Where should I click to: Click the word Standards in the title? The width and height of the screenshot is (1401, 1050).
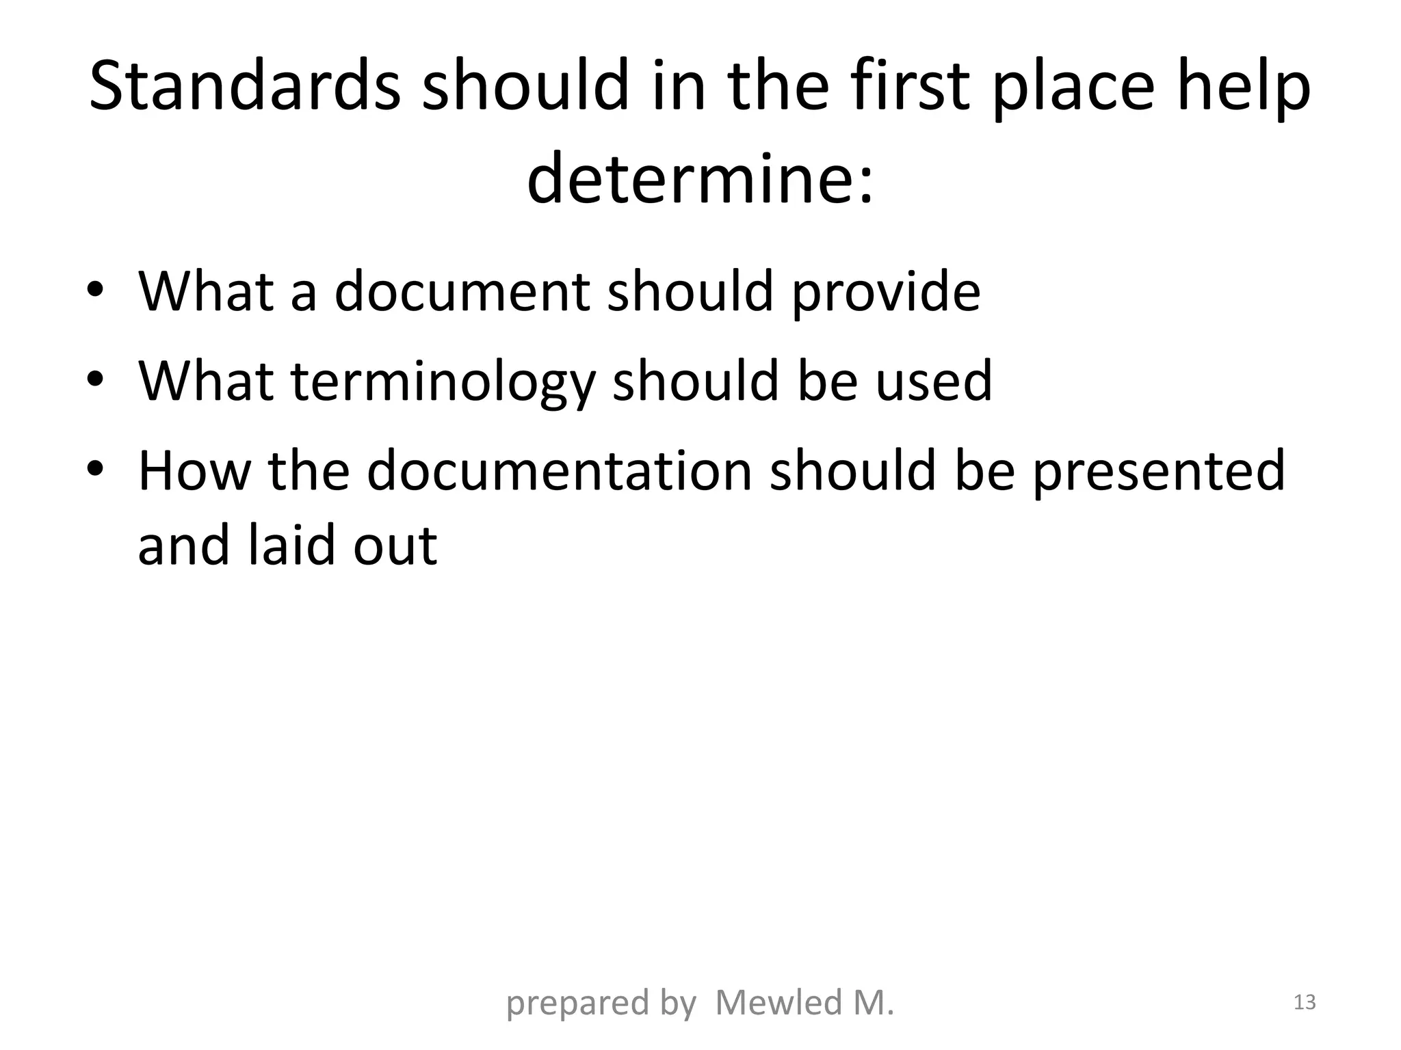tap(244, 86)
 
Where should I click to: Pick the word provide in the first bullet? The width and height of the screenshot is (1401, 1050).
tap(887, 291)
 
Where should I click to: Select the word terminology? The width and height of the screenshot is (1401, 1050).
tap(443, 381)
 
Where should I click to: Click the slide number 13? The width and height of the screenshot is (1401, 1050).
tap(1305, 1002)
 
